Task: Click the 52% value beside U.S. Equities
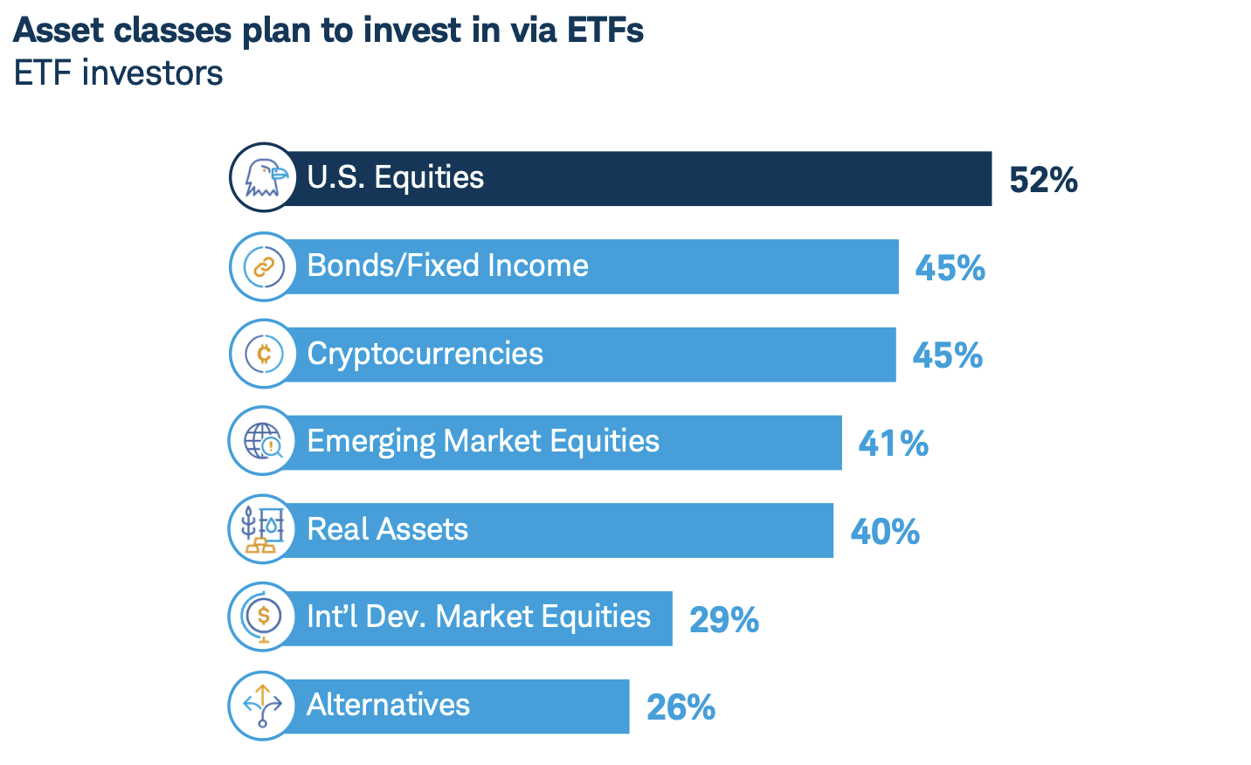coord(1042,180)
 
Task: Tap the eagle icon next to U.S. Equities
coord(264,178)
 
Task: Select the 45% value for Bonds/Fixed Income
coord(950,268)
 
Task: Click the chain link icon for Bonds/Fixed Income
coord(264,266)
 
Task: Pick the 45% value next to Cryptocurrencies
coord(947,355)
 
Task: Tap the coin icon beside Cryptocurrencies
coord(264,354)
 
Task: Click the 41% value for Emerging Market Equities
coord(893,444)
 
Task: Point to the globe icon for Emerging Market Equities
coord(264,441)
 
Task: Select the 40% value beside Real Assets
coord(884,532)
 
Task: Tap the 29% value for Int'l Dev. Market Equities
coord(723,620)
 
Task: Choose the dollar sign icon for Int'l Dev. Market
coord(264,617)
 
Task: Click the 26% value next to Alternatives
coord(681,707)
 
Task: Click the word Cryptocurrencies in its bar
coord(425,354)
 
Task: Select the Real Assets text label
coord(387,529)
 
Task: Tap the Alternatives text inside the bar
coord(388,705)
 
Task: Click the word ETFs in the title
coord(605,31)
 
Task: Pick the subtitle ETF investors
coord(119,73)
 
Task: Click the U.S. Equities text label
coord(395,177)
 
